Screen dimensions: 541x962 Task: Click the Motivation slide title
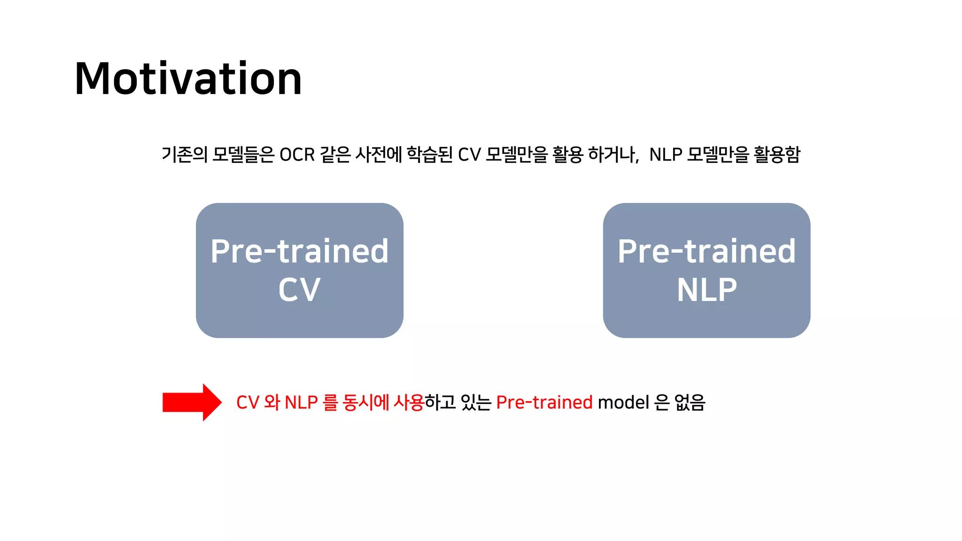(188, 78)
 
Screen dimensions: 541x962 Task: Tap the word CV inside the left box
(299, 290)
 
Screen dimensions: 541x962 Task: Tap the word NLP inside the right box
(706, 290)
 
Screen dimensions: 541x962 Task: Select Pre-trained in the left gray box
(299, 251)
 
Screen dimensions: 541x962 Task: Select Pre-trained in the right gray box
(706, 251)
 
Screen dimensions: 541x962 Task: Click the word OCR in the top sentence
(297, 155)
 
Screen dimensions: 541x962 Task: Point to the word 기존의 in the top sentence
(184, 155)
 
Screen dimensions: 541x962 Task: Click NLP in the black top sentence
(666, 155)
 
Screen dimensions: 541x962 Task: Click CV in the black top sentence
(469, 155)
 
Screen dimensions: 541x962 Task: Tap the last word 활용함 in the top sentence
(777, 155)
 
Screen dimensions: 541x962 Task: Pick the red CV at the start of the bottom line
(248, 402)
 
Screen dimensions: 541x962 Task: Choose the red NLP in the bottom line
(301, 402)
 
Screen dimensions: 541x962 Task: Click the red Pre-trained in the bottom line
(544, 402)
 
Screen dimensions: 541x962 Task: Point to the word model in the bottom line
(623, 402)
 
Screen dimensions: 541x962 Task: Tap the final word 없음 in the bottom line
(690, 402)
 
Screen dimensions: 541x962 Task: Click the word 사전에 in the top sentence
(379, 155)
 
